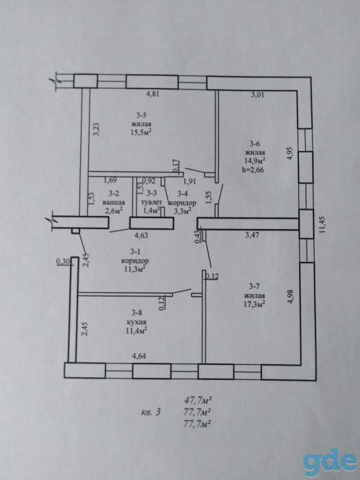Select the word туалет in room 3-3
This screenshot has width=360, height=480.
pos(152,202)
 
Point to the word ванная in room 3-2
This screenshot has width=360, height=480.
pos(114,202)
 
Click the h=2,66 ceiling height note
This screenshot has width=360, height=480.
pos(252,169)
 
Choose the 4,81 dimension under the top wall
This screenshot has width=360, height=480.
pos(152,94)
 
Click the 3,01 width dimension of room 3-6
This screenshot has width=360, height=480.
pos(257,95)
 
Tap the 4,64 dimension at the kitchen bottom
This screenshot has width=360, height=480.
pos(139,356)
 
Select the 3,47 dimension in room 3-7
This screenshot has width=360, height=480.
pos(253,235)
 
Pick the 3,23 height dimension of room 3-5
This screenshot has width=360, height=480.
pos(96,130)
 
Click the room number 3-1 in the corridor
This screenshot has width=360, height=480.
pos(135,252)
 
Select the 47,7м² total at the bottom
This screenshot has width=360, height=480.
pos(197,400)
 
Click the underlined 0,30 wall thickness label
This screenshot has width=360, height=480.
pos(64,261)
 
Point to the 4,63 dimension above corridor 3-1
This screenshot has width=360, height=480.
pos(141,235)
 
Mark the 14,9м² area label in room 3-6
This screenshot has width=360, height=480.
pos(254,160)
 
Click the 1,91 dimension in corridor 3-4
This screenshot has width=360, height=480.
pos(189,181)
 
